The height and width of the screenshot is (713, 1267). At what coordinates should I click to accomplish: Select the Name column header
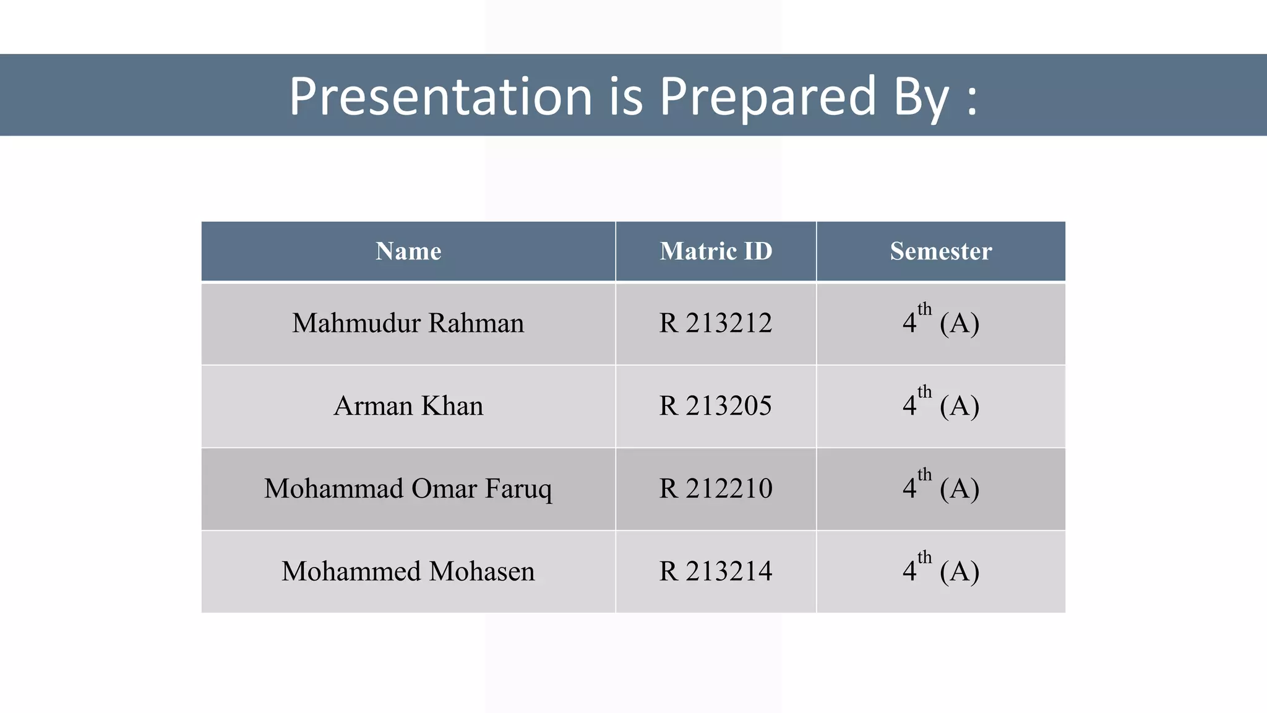click(x=408, y=251)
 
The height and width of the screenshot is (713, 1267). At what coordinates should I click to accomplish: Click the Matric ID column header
click(x=716, y=251)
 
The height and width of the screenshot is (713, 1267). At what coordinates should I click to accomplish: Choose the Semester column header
click(x=940, y=251)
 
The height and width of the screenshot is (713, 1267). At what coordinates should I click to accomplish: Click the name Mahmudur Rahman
click(x=408, y=323)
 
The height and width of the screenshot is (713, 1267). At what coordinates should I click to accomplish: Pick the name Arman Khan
click(x=408, y=406)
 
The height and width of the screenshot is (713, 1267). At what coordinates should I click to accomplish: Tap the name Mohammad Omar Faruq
click(x=408, y=489)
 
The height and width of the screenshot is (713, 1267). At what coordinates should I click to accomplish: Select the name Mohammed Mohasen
click(x=408, y=571)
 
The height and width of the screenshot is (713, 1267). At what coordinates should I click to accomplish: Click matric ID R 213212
click(x=716, y=323)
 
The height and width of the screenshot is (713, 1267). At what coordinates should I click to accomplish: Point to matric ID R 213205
click(x=716, y=406)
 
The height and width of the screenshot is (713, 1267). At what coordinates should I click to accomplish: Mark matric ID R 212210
click(x=716, y=489)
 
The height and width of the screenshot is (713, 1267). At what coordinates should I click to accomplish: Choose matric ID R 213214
click(x=716, y=571)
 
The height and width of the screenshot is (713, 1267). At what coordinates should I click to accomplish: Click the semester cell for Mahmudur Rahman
click(x=940, y=323)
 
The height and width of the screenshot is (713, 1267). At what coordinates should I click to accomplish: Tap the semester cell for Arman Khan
click(x=940, y=406)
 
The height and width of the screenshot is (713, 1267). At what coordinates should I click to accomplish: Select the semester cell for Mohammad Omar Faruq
click(x=940, y=489)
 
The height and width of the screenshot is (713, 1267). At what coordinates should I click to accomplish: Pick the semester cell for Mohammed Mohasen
click(x=940, y=571)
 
